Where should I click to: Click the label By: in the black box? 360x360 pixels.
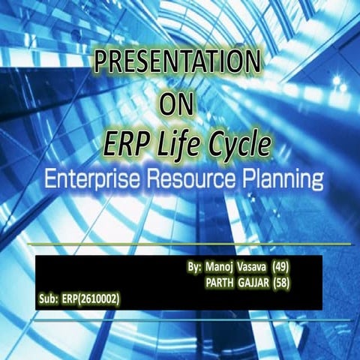point(193,267)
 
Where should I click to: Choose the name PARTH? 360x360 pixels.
point(219,283)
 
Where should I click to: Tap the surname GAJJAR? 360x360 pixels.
point(254,283)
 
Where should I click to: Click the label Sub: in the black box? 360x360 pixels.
point(47,299)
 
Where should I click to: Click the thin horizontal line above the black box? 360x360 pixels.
point(180,244)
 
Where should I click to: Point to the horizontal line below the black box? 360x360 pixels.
point(180,319)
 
